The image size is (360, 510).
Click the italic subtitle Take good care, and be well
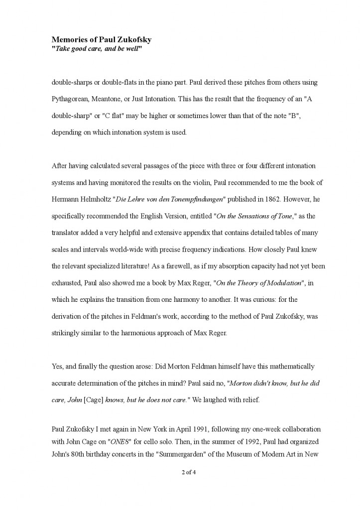click(x=97, y=48)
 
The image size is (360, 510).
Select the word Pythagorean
click(x=69, y=99)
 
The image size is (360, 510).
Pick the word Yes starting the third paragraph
click(x=57, y=367)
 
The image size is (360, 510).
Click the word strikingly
click(x=65, y=333)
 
